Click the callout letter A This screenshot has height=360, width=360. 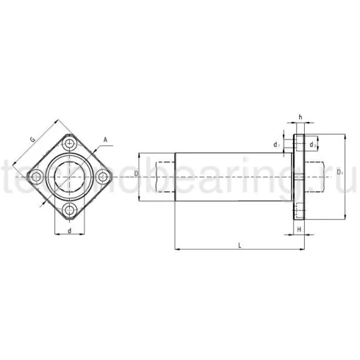pyautogui.click(x=106, y=139)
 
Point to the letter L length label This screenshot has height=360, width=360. pyautogui.click(x=240, y=245)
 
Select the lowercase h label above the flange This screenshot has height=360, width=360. pyautogui.click(x=301, y=116)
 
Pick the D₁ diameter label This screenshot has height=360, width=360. pyautogui.click(x=339, y=173)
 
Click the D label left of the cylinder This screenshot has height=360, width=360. pyautogui.click(x=137, y=174)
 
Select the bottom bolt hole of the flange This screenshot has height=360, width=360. pyautogui.click(x=70, y=211)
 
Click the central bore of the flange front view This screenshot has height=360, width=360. pyautogui.click(x=70, y=176)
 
